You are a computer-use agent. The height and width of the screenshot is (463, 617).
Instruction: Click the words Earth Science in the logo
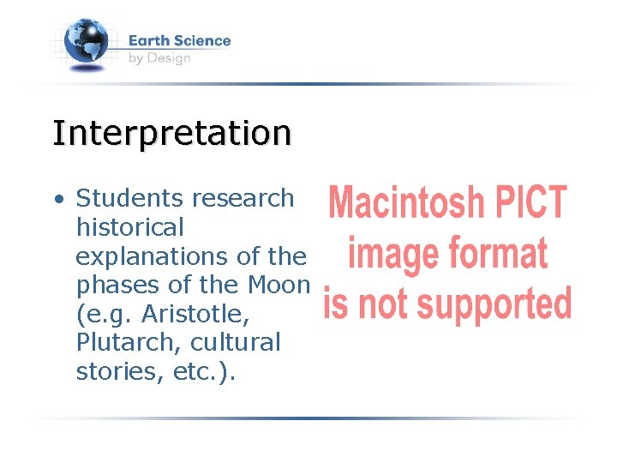[x=179, y=40]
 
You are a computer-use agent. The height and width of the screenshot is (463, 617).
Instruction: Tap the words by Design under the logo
[x=159, y=58]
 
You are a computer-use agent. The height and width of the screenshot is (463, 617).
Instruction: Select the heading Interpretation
[x=171, y=134]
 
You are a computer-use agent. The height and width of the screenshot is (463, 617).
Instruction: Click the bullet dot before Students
[x=58, y=199]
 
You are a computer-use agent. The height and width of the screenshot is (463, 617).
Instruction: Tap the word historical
[x=130, y=227]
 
